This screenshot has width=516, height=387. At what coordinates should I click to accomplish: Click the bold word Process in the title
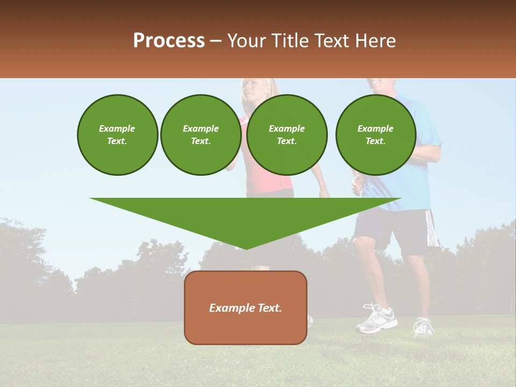(x=169, y=40)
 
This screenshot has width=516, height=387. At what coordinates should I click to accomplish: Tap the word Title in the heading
(x=289, y=40)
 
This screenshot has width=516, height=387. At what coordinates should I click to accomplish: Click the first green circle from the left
(x=117, y=135)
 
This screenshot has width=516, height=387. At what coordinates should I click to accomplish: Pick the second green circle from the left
(x=200, y=135)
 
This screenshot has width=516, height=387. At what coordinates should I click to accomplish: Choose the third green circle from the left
(x=286, y=135)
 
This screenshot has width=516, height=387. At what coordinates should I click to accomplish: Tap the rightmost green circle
(x=375, y=135)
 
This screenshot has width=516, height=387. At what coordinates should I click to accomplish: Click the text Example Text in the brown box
(x=246, y=308)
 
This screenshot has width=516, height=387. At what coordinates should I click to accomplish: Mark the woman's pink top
(x=269, y=183)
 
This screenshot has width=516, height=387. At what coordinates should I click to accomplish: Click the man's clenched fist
(x=357, y=185)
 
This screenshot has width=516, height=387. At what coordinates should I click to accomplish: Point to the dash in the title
(x=216, y=41)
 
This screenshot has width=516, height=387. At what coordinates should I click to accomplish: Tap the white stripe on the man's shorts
(x=431, y=228)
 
